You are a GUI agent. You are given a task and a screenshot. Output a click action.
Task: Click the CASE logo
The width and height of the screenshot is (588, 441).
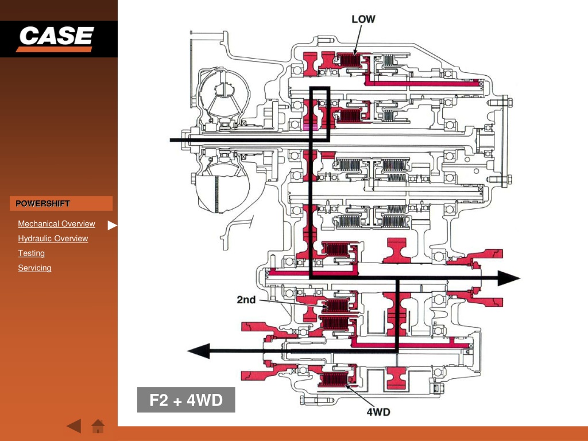pyautogui.click(x=56, y=38)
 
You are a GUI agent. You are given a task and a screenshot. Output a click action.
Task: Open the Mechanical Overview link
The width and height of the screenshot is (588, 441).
pyautogui.click(x=57, y=224)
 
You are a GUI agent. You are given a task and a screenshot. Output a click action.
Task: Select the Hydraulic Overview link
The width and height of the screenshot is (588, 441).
pyautogui.click(x=53, y=238)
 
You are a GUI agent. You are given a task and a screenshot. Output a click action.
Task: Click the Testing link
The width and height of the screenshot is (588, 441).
pyautogui.click(x=31, y=253)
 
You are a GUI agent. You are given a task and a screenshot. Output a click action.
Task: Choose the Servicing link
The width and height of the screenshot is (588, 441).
pyautogui.click(x=34, y=268)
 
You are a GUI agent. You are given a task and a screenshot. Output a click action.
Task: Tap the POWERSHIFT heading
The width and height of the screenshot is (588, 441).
pyautogui.click(x=42, y=203)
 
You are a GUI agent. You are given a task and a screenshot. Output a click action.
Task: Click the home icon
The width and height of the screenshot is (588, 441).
pyautogui.click(x=98, y=426)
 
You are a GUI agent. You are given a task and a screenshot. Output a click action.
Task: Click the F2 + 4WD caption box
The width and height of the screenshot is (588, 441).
pyautogui.click(x=186, y=400)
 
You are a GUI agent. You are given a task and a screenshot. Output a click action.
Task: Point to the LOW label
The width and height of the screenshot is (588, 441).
pyautogui.click(x=363, y=19)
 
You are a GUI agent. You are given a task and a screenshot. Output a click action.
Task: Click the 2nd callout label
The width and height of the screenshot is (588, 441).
pyautogui.click(x=246, y=300)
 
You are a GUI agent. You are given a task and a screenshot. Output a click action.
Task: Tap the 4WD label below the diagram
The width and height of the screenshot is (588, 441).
pyautogui.click(x=378, y=412)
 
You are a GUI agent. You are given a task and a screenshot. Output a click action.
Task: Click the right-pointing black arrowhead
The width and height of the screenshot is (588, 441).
pyautogui.click(x=509, y=278)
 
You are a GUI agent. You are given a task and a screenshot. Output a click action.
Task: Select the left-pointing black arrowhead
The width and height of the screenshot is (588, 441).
pyautogui.click(x=198, y=351)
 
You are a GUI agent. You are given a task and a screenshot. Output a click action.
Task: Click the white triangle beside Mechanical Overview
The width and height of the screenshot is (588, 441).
pyautogui.click(x=112, y=225)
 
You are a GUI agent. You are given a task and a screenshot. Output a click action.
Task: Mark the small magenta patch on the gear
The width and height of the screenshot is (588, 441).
pyautogui.click(x=311, y=127)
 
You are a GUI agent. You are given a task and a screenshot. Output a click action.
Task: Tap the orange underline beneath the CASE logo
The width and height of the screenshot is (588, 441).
pyautogui.click(x=55, y=49)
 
